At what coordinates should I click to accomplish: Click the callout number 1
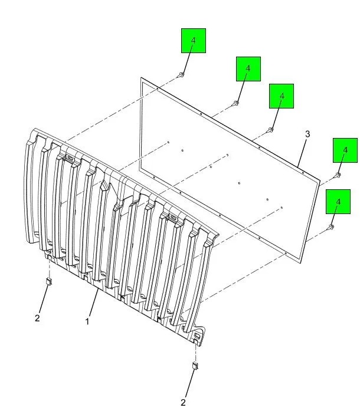point(87,321)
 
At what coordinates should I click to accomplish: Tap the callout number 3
point(307,134)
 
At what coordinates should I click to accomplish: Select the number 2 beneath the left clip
point(37,318)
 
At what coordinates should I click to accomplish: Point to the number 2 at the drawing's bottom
point(183,402)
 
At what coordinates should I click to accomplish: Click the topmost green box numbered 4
point(194,41)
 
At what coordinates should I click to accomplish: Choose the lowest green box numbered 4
point(338,202)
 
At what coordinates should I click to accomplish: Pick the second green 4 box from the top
point(248,69)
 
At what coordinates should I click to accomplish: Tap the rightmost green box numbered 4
point(345,150)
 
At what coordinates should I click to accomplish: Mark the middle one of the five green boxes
point(282,96)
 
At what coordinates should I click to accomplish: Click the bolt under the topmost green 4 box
point(181,75)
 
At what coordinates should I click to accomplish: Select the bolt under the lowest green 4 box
point(330,227)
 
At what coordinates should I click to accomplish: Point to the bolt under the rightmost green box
point(338,175)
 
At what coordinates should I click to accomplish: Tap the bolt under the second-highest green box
point(235,103)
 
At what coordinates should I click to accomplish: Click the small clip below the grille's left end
point(49,282)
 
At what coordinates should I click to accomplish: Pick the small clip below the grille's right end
point(195,366)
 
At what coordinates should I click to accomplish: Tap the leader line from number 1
point(93,303)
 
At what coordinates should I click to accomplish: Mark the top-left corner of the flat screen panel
point(141,78)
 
